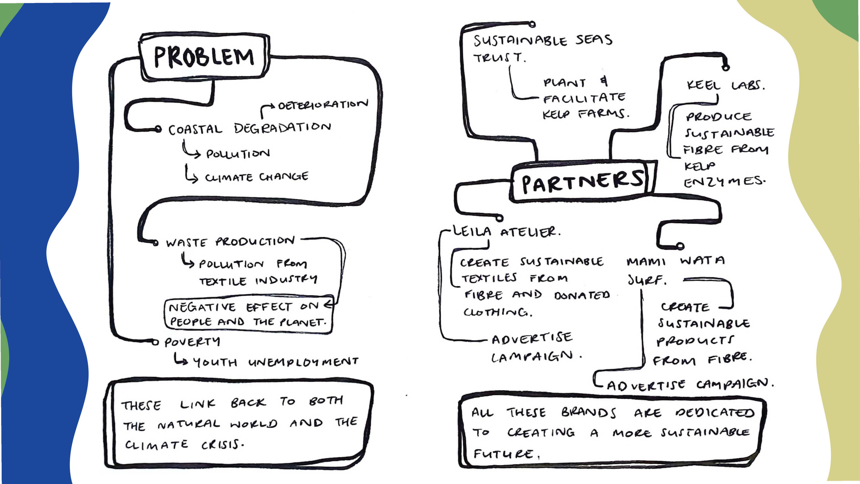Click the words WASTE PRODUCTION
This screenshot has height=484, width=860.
pos(230,241)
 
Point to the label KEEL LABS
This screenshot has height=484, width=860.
pos(725,85)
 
